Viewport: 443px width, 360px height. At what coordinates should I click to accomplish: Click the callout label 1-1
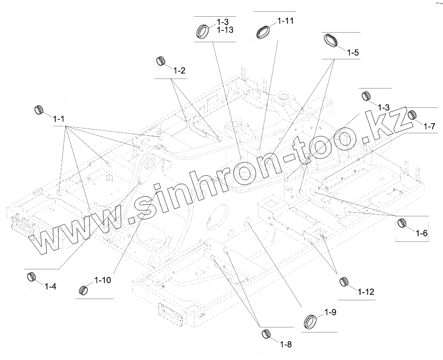point(58,119)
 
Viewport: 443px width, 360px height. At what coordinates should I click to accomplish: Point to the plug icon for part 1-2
point(161,61)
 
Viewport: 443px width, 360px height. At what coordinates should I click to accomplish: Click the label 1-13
point(225,30)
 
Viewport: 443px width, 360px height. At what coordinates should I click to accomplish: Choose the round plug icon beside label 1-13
point(203,31)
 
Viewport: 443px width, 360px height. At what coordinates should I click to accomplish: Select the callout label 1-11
point(286,20)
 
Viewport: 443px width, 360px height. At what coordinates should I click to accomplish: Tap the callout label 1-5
point(353,53)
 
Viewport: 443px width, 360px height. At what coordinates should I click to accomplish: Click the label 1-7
point(429,126)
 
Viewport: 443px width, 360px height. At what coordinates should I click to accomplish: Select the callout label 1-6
point(422,233)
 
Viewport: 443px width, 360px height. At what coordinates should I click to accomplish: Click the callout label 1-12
point(366,292)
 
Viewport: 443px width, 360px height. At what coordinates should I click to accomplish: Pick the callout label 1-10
point(103,280)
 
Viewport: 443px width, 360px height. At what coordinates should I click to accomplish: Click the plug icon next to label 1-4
point(31,276)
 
